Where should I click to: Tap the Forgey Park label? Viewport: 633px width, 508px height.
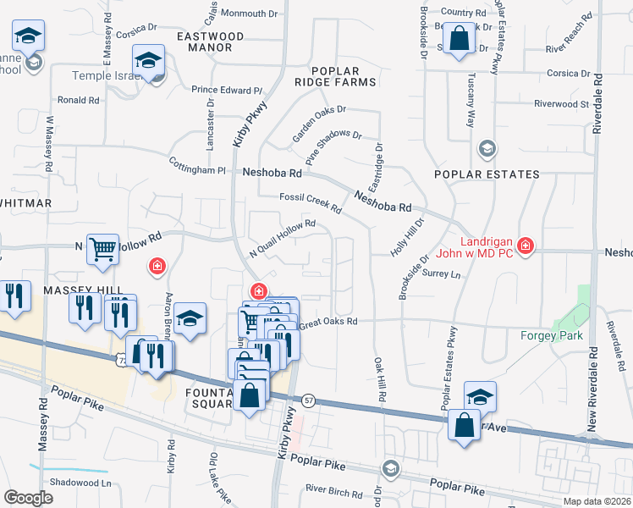548,334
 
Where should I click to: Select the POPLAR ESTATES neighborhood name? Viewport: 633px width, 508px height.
486,174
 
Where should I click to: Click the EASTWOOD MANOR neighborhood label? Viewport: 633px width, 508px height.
210,42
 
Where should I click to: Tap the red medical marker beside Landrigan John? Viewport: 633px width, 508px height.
526,246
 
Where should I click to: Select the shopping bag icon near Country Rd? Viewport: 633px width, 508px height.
458,39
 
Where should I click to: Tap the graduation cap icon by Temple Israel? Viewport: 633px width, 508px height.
148,61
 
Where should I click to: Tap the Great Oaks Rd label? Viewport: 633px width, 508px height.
328,322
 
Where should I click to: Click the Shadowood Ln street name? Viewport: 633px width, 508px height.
81,483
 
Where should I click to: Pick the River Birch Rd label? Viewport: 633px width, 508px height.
339,489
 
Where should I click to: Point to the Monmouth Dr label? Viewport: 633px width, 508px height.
250,14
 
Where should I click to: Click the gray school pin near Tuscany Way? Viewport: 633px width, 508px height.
486,149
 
